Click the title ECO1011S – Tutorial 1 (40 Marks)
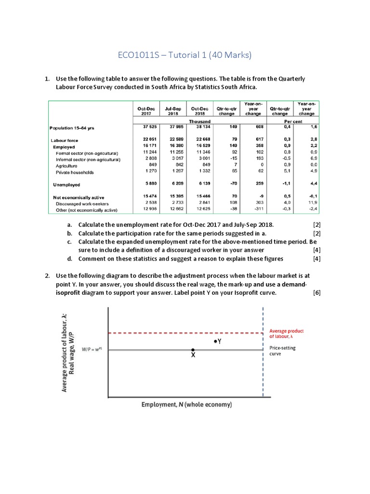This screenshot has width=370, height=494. pos(185,55)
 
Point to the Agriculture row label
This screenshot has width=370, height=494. pos(67,165)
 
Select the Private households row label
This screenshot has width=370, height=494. pos(75,172)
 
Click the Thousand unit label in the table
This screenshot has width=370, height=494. pos(199,122)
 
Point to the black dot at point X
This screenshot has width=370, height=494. pos(193,350)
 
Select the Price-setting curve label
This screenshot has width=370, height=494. pos(283,351)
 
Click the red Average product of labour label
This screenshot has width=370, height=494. pos(286,334)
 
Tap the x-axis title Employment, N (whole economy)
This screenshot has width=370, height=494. pos(186,404)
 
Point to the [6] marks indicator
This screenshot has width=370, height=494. pos(317,292)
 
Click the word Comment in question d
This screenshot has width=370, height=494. pos(93,259)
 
